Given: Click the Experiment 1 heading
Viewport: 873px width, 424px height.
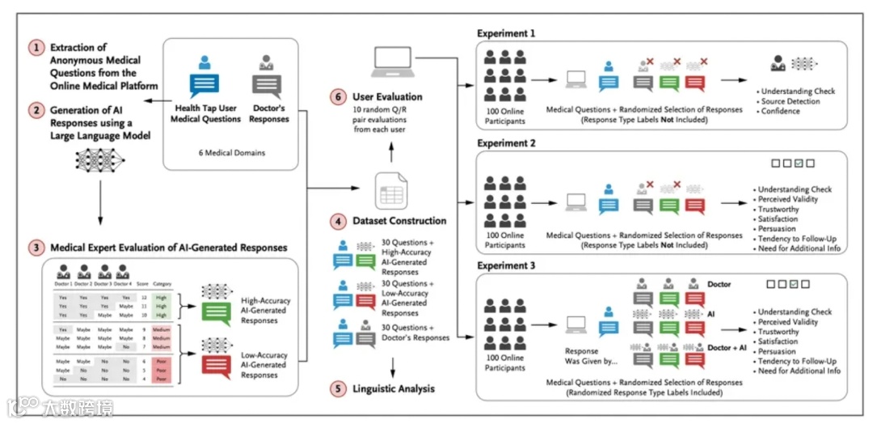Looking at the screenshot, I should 506,33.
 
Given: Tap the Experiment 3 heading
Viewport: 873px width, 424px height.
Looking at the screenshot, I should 506,265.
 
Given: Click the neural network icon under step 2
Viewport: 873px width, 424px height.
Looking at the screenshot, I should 99,159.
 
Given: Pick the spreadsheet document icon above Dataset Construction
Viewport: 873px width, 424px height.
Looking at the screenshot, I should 390,191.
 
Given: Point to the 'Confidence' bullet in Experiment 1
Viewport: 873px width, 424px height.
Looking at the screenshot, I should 780,112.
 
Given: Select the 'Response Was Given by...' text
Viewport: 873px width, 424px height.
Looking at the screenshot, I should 582,356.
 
